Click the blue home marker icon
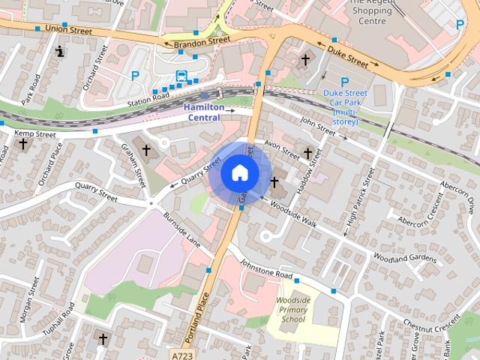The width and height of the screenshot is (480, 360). coord(239,172)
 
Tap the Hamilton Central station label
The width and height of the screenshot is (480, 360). coord(204,112)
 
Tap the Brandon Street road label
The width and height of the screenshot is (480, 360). coord(201,41)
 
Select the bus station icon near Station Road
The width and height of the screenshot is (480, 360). coord(182,76)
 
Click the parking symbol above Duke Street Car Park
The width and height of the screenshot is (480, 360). coord(344,81)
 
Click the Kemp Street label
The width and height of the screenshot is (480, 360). coord(35,135)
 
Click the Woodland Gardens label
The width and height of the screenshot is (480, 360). coord(403,258)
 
